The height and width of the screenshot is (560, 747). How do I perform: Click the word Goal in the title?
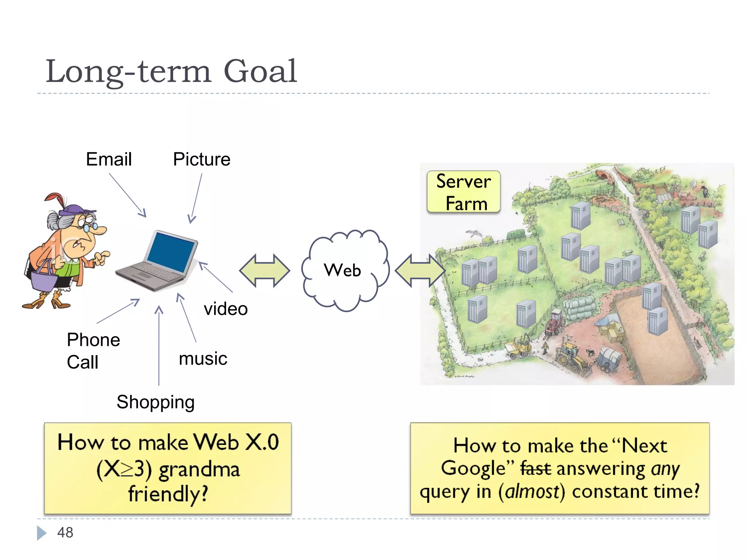pos(260,71)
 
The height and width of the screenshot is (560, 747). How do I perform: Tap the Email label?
pos(109,159)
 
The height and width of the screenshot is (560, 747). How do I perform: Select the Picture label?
pos(202,159)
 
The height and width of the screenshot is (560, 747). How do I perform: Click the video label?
pos(226,309)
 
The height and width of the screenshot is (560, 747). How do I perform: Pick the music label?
pos(203,359)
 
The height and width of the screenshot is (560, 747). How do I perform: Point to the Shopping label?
pos(155,402)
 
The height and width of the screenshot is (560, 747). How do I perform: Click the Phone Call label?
pos(93,351)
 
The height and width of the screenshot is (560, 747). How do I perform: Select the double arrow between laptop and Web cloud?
pos(264,271)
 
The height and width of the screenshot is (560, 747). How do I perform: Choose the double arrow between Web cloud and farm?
pos(420,271)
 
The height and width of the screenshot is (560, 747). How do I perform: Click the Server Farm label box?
pos(464,192)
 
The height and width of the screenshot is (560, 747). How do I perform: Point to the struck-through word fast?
pos(535,468)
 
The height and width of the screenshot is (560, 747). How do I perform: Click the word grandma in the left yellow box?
pos(199,469)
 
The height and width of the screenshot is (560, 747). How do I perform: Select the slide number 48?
pos(65,533)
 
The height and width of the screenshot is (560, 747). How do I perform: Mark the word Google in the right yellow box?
pos(473,468)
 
